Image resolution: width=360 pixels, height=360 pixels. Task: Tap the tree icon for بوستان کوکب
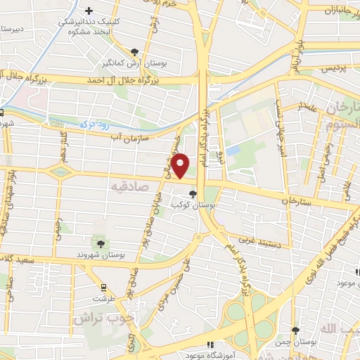point(193,194)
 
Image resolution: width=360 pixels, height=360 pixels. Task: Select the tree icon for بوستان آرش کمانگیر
point(135,51)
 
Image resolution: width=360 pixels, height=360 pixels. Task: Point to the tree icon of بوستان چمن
point(295,330)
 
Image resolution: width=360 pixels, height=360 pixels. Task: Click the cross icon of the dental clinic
point(89,11)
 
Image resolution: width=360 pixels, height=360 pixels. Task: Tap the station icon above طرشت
point(103,287)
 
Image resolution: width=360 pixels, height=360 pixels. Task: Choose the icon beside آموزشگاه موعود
point(209,345)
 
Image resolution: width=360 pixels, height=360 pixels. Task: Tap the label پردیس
point(336,69)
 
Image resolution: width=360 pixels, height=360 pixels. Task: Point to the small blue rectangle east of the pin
point(233,150)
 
